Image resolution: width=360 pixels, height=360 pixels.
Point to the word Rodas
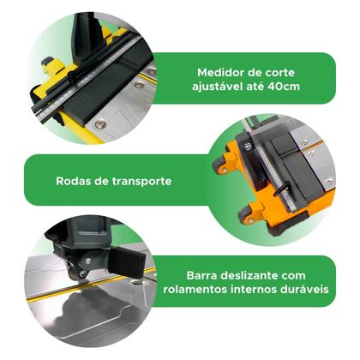tap(73, 181)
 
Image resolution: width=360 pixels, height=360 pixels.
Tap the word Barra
tap(205, 276)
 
